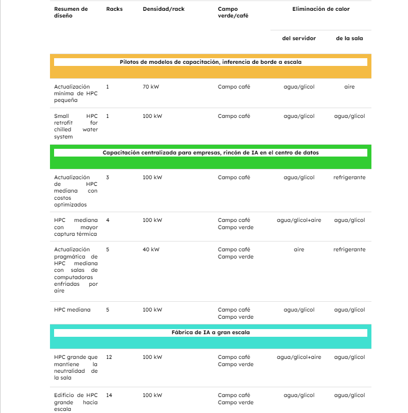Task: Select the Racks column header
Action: coord(114,9)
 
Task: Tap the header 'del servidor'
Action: coord(299,38)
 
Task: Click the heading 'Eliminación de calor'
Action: coord(320,9)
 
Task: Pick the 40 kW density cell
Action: coord(151,250)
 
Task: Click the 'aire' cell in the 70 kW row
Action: coord(349,87)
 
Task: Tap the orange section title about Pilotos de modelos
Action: coord(210,62)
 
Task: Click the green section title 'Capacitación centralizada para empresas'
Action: coord(210,153)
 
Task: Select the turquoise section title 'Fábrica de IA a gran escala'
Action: coord(210,333)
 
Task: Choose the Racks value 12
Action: coord(109,357)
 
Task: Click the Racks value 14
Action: coord(109,395)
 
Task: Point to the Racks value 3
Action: coord(108,178)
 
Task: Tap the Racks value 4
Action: coord(108,220)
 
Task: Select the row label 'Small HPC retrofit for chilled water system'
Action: coord(76,127)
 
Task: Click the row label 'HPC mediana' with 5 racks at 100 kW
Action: coord(72,310)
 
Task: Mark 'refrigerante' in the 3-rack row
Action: coord(349,178)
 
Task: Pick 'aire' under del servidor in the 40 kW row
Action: coord(299,250)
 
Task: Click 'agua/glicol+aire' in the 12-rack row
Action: coord(299,357)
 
